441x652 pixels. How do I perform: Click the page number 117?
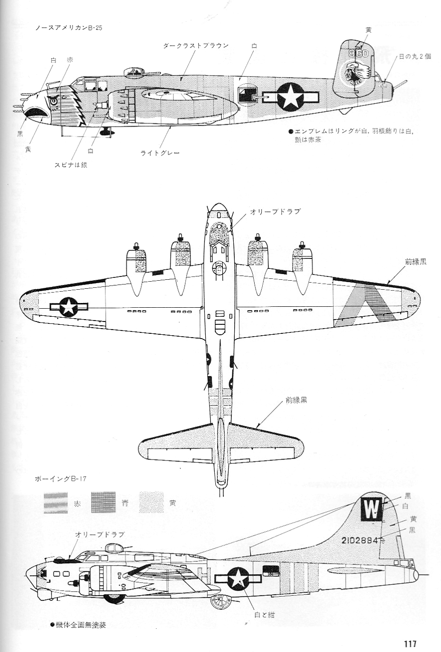click(410, 643)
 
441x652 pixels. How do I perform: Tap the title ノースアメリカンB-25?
click(69, 27)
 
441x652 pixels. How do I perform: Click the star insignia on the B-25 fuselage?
click(290, 97)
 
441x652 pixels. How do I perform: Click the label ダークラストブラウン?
click(195, 46)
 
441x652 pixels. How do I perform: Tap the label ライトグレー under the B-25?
click(160, 153)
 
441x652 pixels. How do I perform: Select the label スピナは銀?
click(71, 165)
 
